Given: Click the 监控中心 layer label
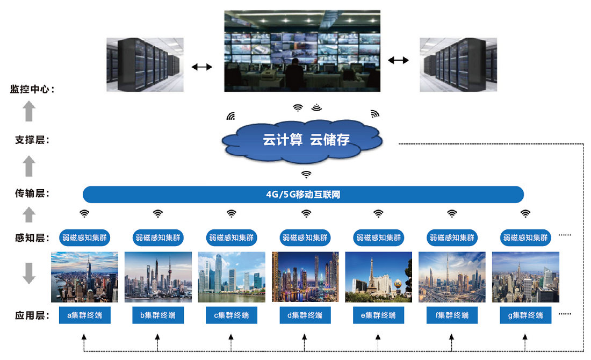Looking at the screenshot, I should [x=31, y=89].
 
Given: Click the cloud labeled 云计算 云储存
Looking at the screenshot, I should [x=304, y=140].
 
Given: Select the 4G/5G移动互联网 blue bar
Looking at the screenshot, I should [x=303, y=195].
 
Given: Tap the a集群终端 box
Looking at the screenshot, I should [x=84, y=315].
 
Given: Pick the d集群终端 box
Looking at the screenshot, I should [x=305, y=315].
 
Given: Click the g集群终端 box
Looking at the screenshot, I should [x=525, y=315].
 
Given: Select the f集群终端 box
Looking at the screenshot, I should [x=451, y=315].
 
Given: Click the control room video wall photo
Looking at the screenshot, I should [x=302, y=51].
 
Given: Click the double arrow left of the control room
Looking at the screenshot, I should [x=202, y=67].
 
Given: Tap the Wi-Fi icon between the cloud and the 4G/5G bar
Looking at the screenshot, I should [x=306, y=174].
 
